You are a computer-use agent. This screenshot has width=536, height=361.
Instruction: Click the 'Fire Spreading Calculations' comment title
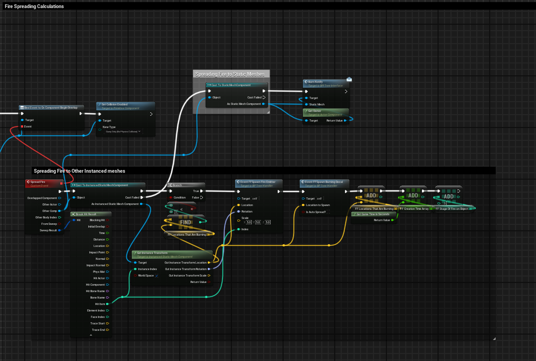pyautogui.click(x=34, y=6)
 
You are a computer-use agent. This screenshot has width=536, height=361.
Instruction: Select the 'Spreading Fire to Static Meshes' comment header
pyautogui.click(x=230, y=74)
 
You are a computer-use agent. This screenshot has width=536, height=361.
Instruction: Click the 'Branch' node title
pyautogui.click(x=177, y=185)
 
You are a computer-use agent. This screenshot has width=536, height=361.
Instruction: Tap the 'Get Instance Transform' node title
pyautogui.click(x=154, y=252)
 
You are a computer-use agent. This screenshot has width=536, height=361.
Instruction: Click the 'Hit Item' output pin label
pyautogui.click(x=99, y=304)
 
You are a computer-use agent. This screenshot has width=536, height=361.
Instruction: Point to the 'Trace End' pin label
pyautogui.click(x=98, y=330)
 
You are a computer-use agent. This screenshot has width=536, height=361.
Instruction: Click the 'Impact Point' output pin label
pyautogui.click(x=97, y=252)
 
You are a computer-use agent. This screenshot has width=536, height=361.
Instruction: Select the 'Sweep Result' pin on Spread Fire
pyautogui.click(x=49, y=230)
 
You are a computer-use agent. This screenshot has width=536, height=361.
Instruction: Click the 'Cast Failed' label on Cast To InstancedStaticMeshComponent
pyautogui.click(x=132, y=197)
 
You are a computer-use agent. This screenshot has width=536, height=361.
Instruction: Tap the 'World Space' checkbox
pyautogui.click(x=157, y=275)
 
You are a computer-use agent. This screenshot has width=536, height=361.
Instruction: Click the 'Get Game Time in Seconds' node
pyautogui.click(x=372, y=214)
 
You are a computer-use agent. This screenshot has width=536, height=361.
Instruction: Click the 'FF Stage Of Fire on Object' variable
pyautogui.click(x=453, y=208)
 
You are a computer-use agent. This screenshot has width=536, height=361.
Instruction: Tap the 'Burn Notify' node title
pyautogui.click(x=315, y=82)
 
